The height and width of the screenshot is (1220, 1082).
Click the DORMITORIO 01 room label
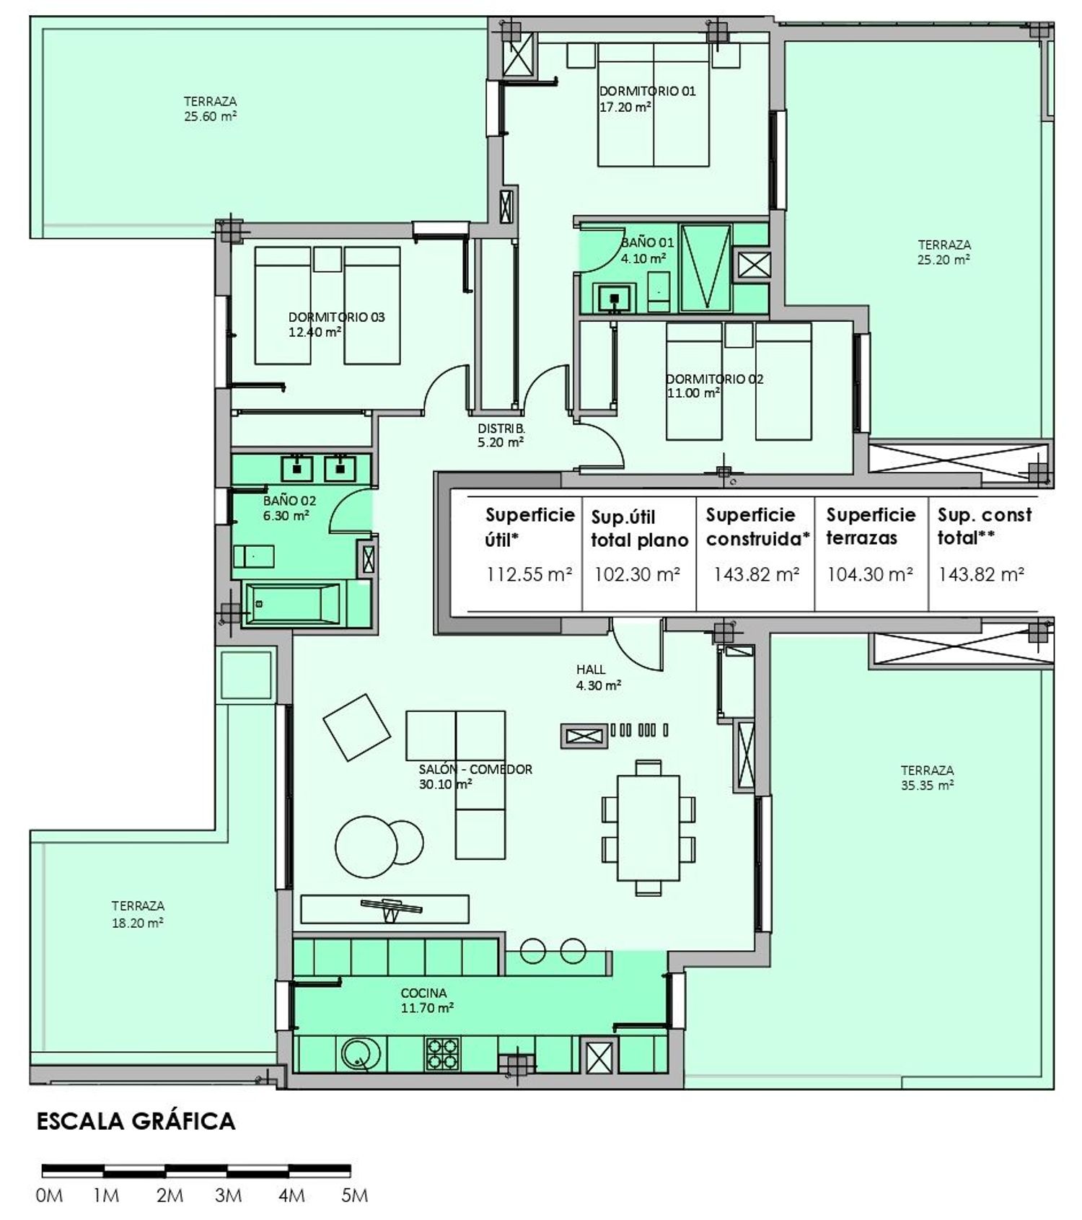pos(647,91)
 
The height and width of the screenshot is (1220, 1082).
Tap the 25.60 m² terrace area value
pos(210,116)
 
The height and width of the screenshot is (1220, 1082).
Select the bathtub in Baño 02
pos(293,604)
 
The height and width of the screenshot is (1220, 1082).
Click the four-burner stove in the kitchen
pos(443,1053)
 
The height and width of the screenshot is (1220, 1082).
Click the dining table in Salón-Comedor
pos(648,828)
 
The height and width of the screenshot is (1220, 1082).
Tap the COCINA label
pos(423,993)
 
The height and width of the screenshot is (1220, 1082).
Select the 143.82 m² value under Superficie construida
pos(755,574)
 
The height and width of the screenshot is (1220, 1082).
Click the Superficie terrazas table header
pos(870,526)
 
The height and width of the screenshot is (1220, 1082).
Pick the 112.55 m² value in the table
pos(529,574)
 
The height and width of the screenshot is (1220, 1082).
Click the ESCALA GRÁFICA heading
pos(136,1120)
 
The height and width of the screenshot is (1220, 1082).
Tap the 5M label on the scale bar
pos(354,1195)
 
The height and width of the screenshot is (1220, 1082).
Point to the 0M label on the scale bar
pos(49,1195)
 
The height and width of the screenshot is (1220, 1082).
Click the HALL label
pos(591,670)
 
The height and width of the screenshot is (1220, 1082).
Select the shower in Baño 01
pos(705,268)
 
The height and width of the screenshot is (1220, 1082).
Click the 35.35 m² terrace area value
pos(927,786)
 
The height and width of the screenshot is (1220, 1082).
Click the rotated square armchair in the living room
pos(356,727)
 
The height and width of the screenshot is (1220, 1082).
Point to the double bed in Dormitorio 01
pos(653,105)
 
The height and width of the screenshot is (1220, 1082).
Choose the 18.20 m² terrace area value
pos(137,922)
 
